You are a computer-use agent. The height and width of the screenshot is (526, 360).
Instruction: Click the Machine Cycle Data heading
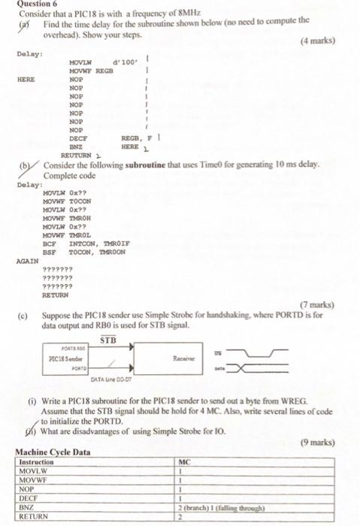(53, 452)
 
